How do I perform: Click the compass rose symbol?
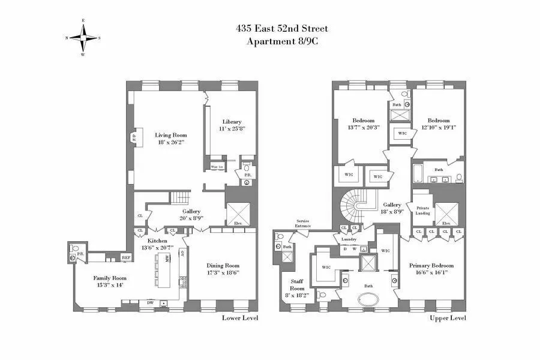pos(83,37)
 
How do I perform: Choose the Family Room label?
pos(110,278)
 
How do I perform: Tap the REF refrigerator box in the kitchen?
pos(126,257)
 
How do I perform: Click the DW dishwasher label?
pos(150,302)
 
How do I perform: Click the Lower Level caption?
pos(240,317)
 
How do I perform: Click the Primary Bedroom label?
pos(431,265)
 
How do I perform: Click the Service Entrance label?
pos(302,223)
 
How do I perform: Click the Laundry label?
pos(349,238)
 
